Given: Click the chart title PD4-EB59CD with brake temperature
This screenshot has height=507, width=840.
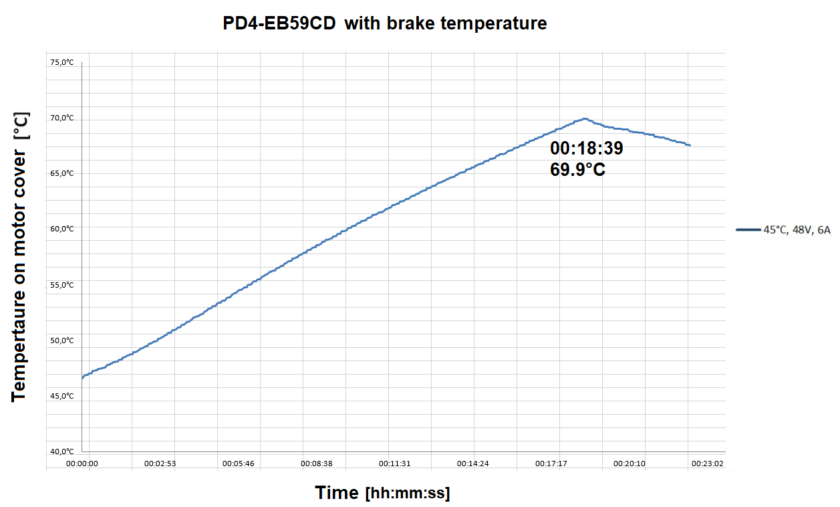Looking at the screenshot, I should pos(385,23).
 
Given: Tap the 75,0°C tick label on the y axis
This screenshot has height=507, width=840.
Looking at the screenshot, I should pos(61,63).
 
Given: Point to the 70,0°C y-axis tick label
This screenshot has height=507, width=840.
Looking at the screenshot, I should pos(61,118).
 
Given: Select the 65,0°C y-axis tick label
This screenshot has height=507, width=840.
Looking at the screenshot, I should pos(61,173).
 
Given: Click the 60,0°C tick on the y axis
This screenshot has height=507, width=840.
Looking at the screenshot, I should pos(61,229).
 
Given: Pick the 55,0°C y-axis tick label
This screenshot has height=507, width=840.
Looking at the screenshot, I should pos(61,285).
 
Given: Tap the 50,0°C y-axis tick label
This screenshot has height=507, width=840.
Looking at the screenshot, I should pos(61,340).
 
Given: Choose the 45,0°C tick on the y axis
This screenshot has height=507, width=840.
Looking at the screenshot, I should pos(61,395).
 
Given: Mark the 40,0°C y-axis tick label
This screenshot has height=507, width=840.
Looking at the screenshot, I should pos(61,451).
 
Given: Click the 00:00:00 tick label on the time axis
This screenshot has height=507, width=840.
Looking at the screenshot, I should pos(83,463).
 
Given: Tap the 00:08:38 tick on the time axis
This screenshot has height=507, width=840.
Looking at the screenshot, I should pos(317,463).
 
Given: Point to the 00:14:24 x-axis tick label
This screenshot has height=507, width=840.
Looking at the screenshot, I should pos(473,463).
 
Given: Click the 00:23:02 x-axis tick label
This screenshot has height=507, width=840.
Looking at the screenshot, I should pos(707,463).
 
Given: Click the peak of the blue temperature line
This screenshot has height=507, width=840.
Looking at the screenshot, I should pos(585,119).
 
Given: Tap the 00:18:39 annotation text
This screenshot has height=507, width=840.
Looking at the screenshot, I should pos(587,148).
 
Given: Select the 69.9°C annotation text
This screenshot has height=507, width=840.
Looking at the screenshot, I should pos(578,169).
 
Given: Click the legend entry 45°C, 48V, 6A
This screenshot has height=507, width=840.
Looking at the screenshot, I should pos(797,229).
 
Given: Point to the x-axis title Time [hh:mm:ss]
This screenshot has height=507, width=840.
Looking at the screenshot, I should pos(382,494).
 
